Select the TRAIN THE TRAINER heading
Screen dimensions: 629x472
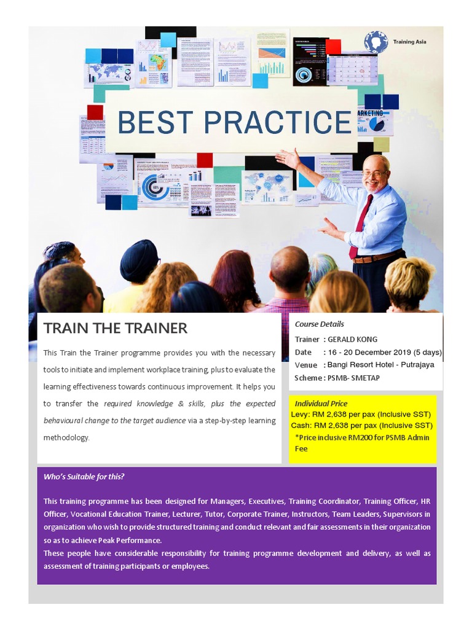click(116, 328)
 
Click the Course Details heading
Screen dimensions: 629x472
click(319, 324)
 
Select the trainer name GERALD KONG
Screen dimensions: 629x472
click(352, 339)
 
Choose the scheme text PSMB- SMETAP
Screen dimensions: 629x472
click(353, 378)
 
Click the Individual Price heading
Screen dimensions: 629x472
click(321, 404)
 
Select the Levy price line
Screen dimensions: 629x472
click(361, 415)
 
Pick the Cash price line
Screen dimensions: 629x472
click(361, 425)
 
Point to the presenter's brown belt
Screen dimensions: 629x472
click(376, 256)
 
